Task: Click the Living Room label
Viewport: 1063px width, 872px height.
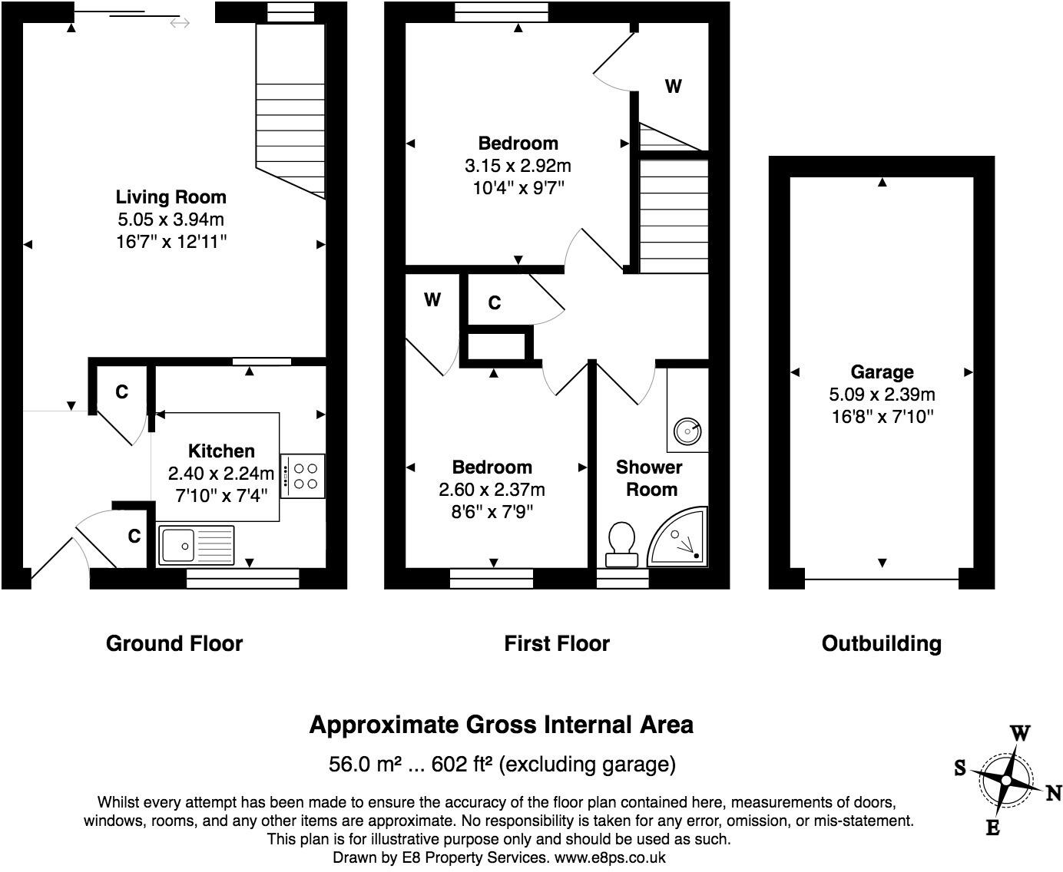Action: coord(171,197)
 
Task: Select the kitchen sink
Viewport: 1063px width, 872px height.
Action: coord(184,546)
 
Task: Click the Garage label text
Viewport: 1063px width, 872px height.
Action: coord(882,372)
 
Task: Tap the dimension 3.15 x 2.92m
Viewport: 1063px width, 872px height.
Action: coord(518,166)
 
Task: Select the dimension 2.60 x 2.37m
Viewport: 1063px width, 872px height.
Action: coord(492,490)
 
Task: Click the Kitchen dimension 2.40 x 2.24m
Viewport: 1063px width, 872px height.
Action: coord(221,473)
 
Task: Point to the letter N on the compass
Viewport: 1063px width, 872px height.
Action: coord(1053,794)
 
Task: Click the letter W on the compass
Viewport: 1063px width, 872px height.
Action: coord(1019,733)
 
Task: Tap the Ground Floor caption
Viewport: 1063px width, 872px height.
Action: coord(174,643)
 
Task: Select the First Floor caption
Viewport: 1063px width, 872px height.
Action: coord(557,643)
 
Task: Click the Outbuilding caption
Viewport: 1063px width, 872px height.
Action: coord(882,643)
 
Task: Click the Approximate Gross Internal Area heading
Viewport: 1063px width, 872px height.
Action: coord(501,725)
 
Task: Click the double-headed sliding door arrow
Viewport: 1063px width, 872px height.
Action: coord(180,24)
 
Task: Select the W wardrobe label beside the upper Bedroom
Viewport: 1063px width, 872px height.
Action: coord(673,87)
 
